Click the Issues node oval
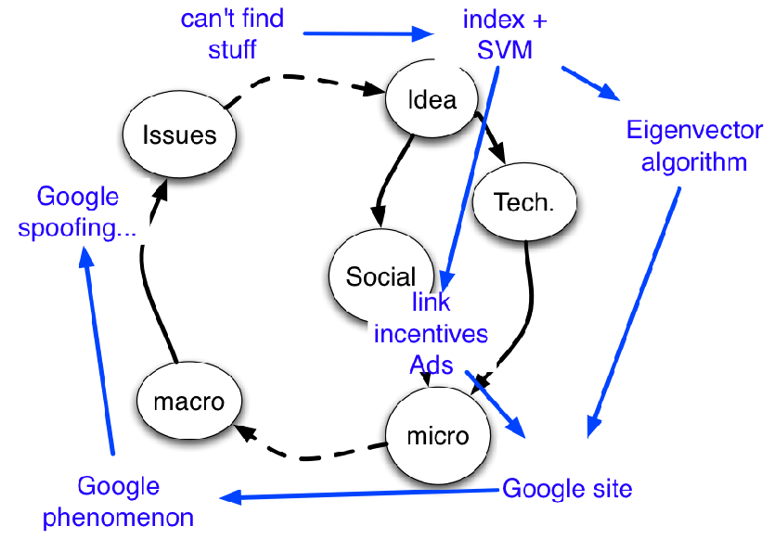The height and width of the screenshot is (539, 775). pyautogui.click(x=180, y=135)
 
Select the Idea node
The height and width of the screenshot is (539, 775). pyautogui.click(x=431, y=98)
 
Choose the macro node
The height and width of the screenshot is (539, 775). pyautogui.click(x=188, y=403)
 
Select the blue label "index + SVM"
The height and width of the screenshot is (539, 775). pyautogui.click(x=505, y=32)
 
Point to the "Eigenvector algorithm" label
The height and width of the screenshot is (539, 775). pyautogui.click(x=686, y=147)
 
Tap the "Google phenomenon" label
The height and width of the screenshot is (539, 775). pyautogui.click(x=118, y=502)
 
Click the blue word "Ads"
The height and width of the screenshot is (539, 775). pyautogui.click(x=432, y=365)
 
